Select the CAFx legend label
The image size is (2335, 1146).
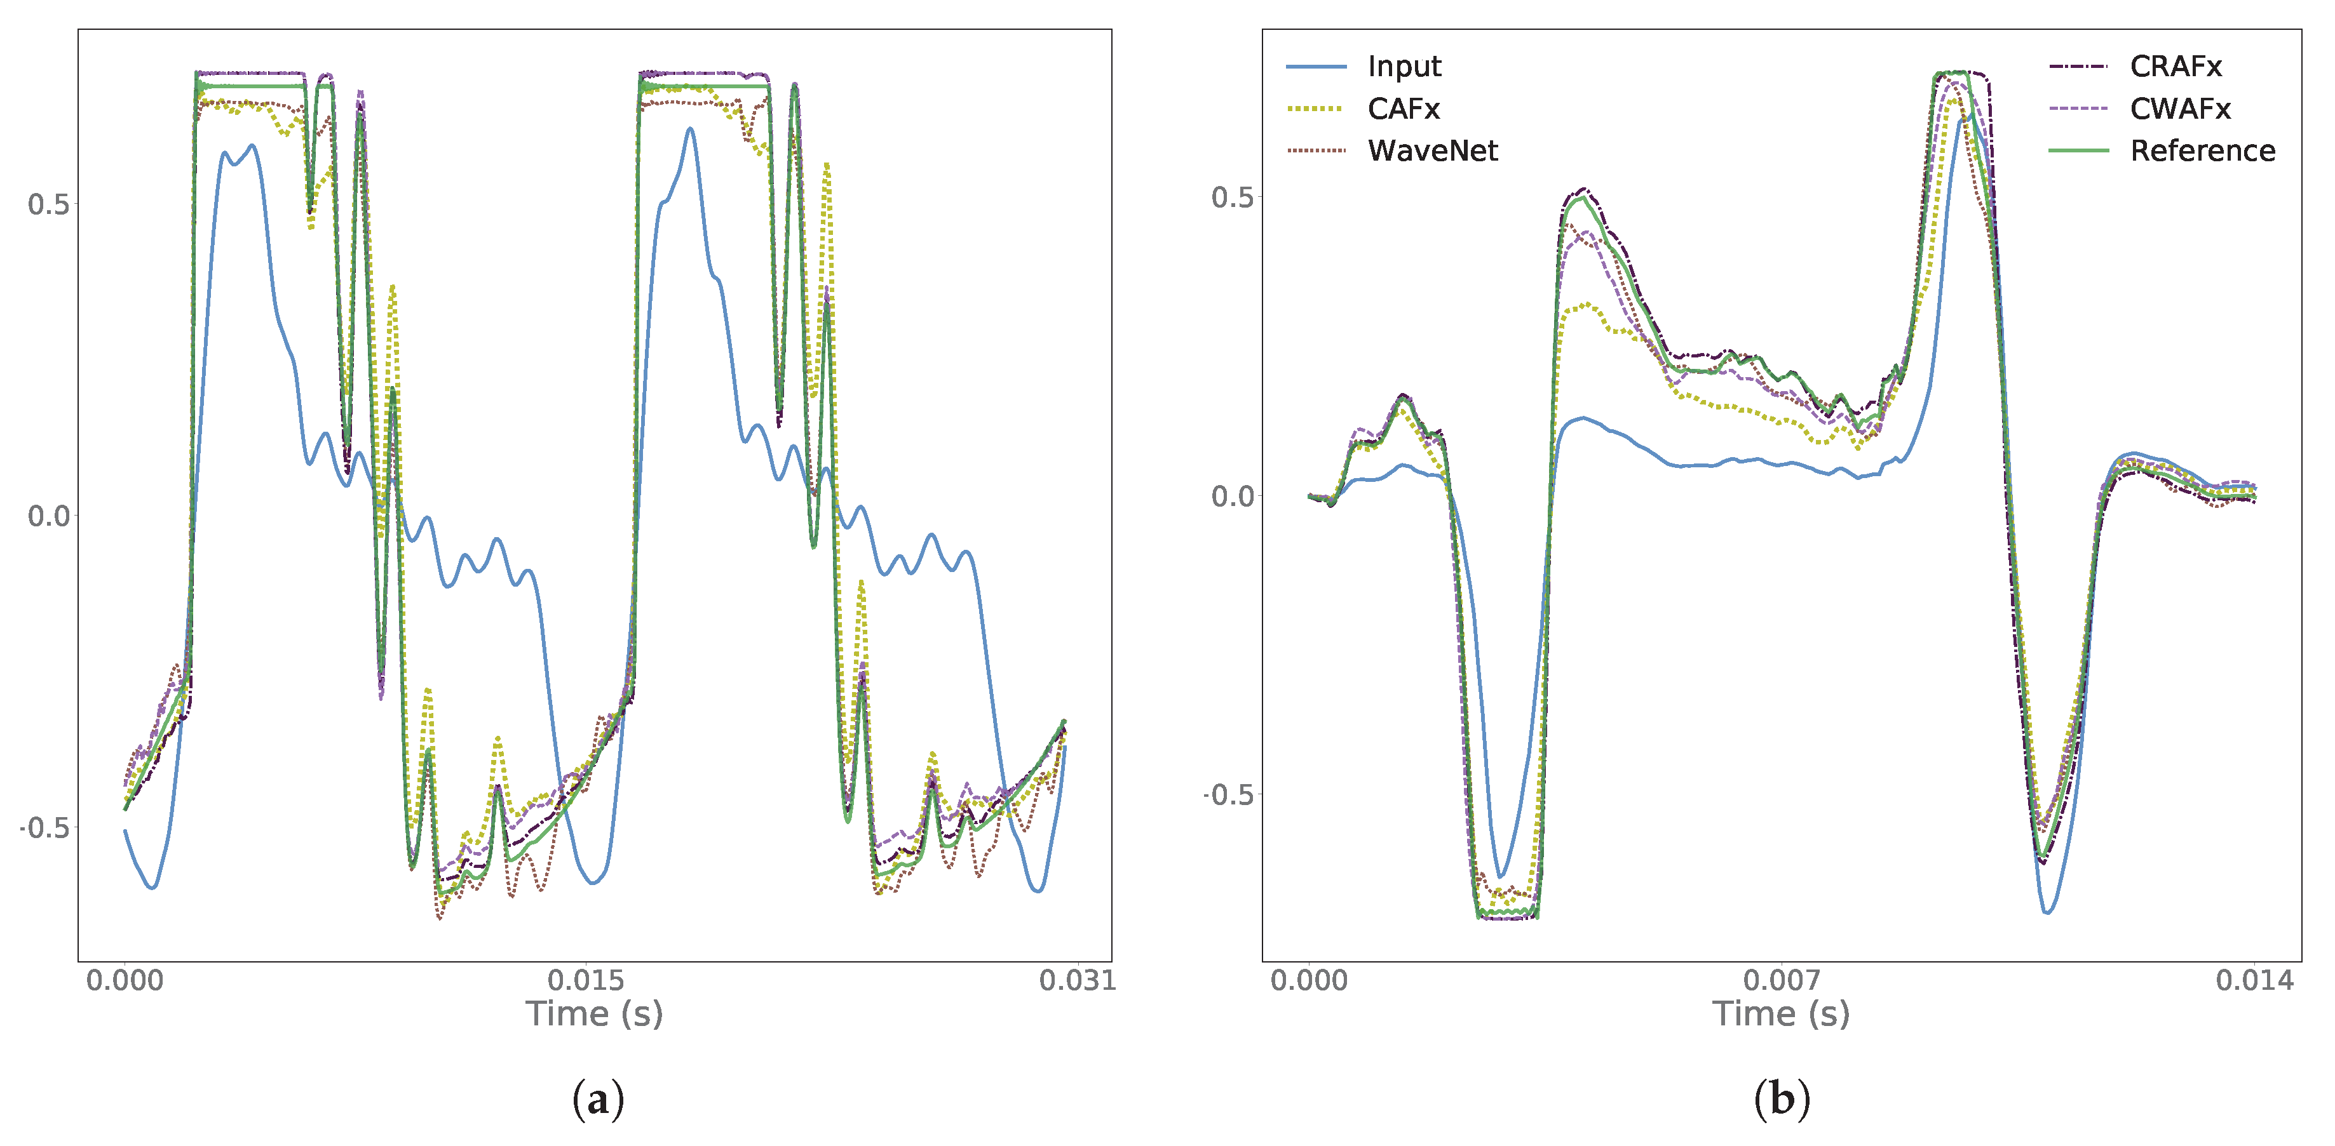1402,109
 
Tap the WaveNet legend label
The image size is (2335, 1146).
1432,150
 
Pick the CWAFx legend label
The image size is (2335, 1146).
2179,109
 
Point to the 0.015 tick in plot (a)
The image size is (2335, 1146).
586,980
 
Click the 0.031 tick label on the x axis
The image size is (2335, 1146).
1077,980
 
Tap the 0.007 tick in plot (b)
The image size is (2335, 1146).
1781,980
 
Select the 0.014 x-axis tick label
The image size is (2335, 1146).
2254,980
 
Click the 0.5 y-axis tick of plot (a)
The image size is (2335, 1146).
48,204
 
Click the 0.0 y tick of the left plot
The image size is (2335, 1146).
48,516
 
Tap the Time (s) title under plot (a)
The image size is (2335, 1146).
593,1014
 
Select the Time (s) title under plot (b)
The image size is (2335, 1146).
1780,1014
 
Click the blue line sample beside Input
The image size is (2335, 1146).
1315,67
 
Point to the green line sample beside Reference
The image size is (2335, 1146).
2078,150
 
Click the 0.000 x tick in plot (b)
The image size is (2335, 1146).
1308,980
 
